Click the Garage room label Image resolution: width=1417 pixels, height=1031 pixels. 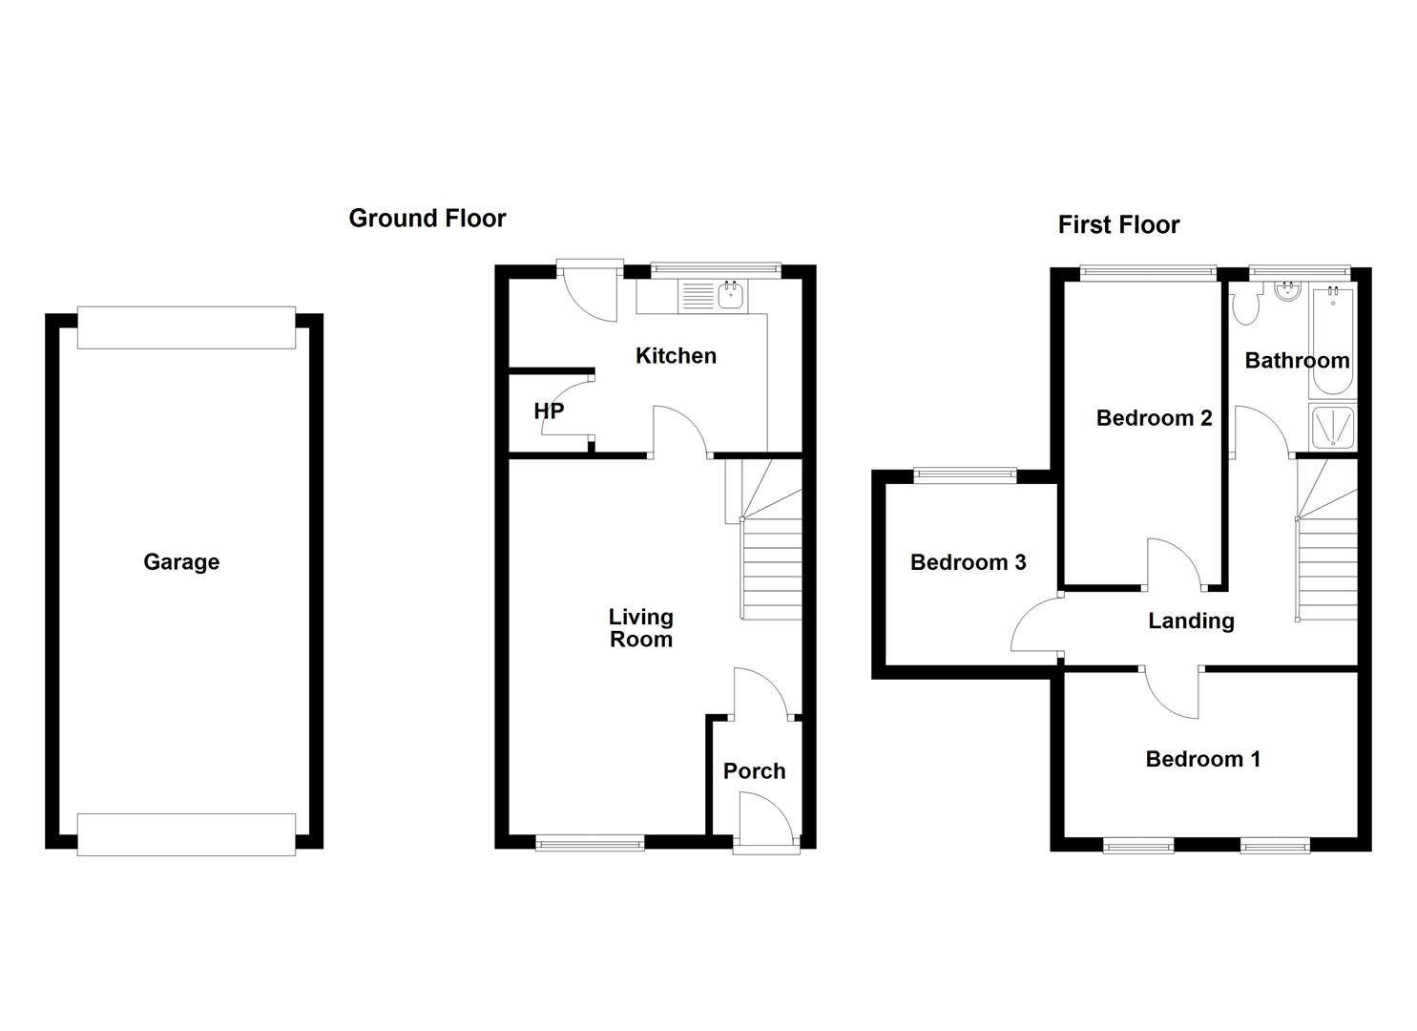181,562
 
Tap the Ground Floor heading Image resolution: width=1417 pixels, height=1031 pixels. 427,219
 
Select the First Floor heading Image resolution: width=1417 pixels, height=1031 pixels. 1118,224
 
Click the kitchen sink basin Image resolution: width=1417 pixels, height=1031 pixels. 731,296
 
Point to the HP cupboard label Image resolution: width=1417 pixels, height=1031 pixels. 549,411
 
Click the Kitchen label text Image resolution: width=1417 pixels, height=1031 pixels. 676,356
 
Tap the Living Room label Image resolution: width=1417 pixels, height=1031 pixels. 641,628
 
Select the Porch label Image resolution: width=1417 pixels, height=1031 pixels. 754,771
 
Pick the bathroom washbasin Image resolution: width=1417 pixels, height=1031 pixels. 1287,292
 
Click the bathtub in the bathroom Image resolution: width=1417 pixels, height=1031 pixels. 1333,343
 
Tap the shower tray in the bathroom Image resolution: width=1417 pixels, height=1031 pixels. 1333,428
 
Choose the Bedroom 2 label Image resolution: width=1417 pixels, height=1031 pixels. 1154,418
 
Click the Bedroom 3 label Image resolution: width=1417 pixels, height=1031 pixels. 968,562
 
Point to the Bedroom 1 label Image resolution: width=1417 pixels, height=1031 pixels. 1202,759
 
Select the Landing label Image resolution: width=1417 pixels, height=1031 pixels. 1191,621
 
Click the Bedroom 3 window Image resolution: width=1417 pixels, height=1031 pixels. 966,474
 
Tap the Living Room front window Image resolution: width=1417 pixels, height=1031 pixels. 590,842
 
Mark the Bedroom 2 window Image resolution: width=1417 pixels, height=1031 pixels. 1148,273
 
